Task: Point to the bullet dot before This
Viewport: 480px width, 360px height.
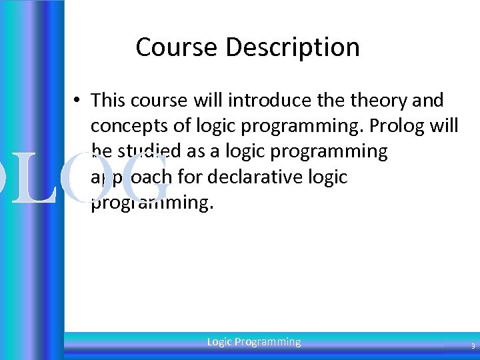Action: (78, 101)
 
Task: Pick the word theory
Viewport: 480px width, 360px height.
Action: (377, 100)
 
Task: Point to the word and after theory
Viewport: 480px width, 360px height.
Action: (428, 100)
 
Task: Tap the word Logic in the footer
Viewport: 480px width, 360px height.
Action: (219, 342)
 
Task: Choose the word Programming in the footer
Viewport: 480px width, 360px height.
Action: (268, 342)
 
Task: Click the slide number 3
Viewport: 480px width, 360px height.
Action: (473, 346)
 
